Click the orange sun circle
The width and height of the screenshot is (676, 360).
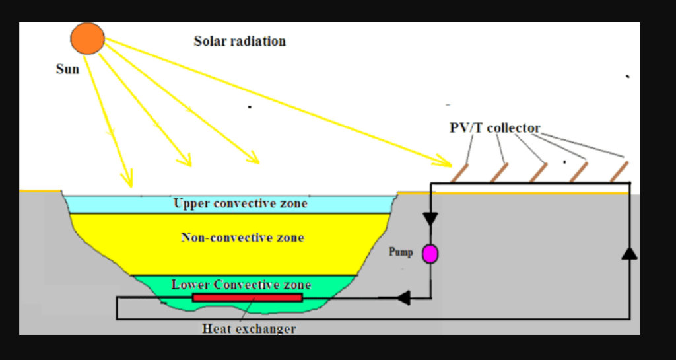click(88, 38)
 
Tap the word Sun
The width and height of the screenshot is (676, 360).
click(67, 69)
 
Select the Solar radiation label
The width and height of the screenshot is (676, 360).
click(240, 41)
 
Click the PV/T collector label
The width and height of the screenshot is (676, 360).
click(494, 128)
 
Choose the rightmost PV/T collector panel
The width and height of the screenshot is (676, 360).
click(619, 172)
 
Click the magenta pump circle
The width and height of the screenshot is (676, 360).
click(430, 254)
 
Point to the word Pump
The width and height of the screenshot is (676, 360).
click(401, 252)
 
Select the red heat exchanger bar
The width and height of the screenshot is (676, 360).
click(248, 297)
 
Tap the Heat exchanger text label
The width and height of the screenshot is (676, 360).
click(249, 328)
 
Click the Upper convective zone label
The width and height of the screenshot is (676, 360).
click(240, 203)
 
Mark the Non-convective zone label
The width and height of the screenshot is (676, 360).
click(242, 237)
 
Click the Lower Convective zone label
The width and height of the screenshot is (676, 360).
click(241, 285)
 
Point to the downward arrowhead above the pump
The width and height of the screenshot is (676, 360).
click(430, 218)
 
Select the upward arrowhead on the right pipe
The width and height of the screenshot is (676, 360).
click(630, 253)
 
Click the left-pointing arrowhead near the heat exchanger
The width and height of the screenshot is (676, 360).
click(403, 298)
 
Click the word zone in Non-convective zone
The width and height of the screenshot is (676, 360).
click(288, 237)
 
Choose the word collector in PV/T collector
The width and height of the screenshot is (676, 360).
click(514, 128)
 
